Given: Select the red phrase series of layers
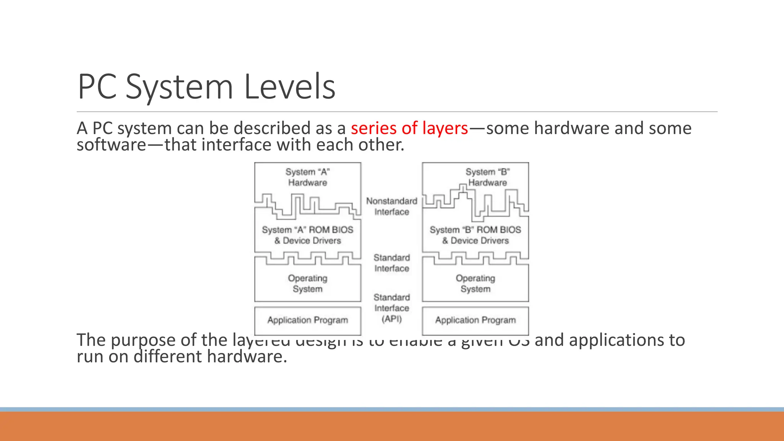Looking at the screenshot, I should tap(409, 128).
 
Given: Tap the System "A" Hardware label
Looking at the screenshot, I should tap(307, 177).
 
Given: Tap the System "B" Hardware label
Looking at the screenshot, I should tap(487, 177).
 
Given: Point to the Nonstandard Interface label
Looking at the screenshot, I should tap(392, 206).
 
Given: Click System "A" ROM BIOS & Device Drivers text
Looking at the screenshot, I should tap(307, 235).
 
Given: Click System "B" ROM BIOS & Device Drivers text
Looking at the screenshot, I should tap(475, 235).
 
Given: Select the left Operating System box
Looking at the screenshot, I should tap(307, 284).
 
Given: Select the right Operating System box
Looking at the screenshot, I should tap(475, 284).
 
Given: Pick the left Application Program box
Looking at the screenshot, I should tap(307, 320).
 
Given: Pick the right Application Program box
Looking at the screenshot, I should tap(475, 320).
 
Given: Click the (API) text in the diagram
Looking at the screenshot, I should tap(392, 319).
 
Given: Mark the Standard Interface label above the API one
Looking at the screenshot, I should tap(392, 263).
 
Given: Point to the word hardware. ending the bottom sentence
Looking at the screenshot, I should tap(247, 357).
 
